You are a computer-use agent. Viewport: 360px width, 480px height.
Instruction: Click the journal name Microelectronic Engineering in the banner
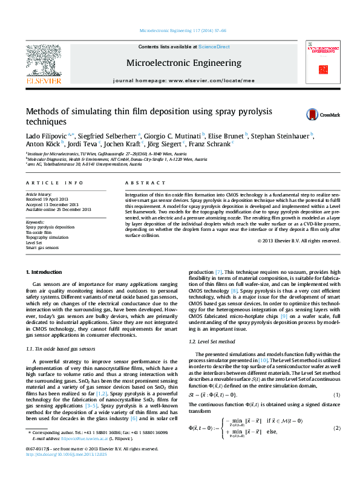tap(183, 62)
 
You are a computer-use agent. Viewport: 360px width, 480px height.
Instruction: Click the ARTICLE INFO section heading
tap(54, 182)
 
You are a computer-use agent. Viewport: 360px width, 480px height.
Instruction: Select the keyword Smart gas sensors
tap(42, 248)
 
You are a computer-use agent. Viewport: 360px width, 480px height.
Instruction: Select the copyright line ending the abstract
tap(298, 241)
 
